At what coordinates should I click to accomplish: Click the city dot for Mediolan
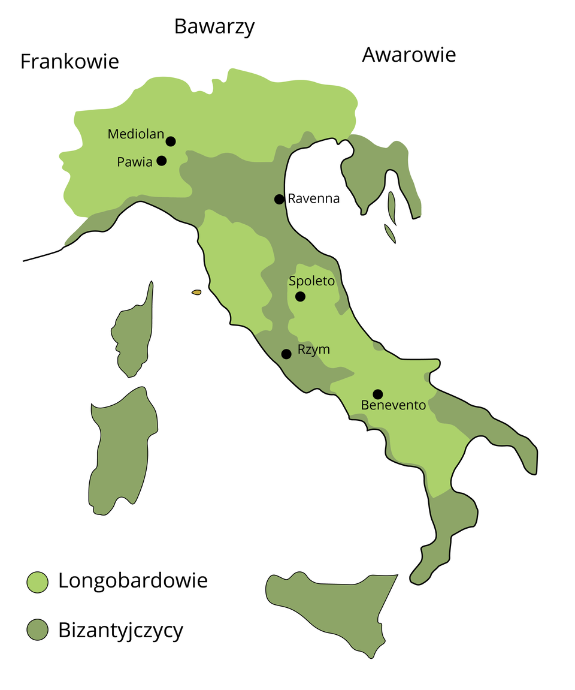point(171,141)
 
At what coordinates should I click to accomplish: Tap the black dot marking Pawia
point(161,161)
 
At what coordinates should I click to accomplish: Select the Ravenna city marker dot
point(279,199)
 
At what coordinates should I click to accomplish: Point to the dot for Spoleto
point(300,296)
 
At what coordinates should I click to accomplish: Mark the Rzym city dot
point(286,354)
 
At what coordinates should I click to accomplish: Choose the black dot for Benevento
point(377,394)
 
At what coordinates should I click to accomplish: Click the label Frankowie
point(69,61)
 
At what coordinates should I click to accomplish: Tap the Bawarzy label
point(214,26)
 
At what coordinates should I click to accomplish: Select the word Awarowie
point(408,55)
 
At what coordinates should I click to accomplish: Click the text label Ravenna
point(314,198)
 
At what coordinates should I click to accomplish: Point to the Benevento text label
point(394,405)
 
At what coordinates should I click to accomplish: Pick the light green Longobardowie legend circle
point(37,581)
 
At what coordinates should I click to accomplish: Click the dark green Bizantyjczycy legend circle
point(37,629)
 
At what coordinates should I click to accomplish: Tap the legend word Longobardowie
point(133,580)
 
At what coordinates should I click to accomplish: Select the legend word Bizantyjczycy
point(121,630)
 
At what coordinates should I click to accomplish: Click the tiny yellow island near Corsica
point(196,292)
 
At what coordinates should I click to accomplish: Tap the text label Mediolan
point(135,134)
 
